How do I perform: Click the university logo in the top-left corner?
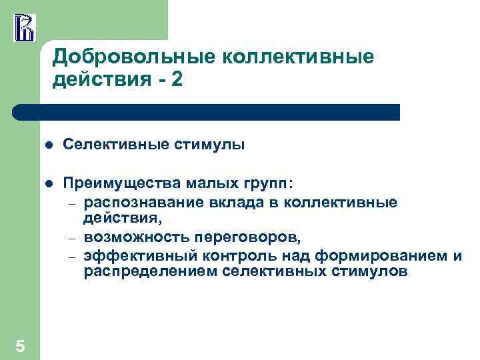point(24,26)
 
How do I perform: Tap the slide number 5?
point(20,345)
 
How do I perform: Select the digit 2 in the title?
point(175,80)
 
